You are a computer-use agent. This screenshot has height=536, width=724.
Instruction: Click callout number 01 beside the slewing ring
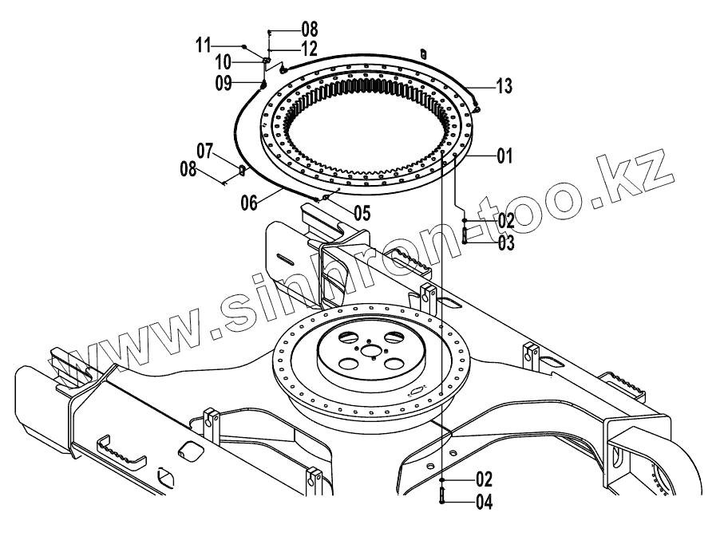504,156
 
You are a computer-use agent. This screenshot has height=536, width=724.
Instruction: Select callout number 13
504,85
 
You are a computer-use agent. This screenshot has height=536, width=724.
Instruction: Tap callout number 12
287,49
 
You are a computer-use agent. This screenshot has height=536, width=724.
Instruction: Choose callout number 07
206,150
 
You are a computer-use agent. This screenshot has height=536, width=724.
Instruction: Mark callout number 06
249,203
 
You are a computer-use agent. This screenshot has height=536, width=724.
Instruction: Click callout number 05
362,212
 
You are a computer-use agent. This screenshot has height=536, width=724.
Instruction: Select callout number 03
505,243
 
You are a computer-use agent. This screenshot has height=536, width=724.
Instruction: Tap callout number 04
484,503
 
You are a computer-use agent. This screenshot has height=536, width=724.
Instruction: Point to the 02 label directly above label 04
484,479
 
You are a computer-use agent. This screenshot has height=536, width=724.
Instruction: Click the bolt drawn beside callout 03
465,237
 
